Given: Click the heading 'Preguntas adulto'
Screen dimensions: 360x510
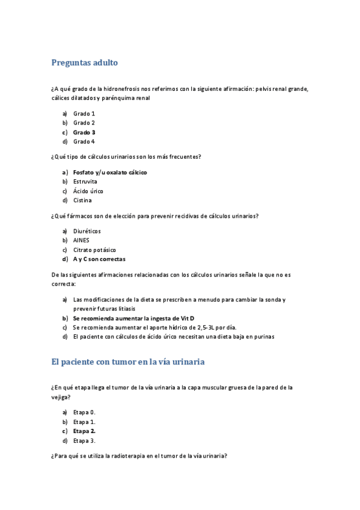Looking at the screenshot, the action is tap(85, 63).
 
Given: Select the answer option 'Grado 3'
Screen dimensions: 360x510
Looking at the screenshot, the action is tap(84, 132).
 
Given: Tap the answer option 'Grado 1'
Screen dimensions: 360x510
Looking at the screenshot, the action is tap(84, 114).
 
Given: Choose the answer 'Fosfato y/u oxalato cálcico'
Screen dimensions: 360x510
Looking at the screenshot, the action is tap(110, 173).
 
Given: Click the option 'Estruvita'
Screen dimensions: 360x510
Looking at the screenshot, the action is tap(85, 182).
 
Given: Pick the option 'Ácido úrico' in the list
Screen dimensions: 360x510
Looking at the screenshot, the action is tap(88, 191).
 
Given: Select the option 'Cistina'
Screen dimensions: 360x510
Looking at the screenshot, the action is tap(83, 200).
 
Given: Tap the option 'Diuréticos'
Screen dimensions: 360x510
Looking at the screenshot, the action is tap(87, 231).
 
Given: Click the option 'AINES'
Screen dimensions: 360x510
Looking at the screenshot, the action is tap(81, 241).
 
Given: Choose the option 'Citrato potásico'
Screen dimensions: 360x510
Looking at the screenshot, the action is tap(94, 250).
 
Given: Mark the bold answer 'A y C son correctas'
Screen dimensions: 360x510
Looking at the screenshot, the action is tap(99, 259).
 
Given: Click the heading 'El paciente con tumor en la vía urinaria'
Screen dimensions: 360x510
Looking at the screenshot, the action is tap(129, 362).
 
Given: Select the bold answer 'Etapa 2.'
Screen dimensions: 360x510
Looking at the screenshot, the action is tap(85, 431).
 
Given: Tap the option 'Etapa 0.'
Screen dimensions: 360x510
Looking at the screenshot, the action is tap(85, 413).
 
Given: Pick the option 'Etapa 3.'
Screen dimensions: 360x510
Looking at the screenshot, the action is tap(85, 441).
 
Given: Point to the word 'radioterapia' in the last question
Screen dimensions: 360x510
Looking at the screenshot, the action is tap(126, 456).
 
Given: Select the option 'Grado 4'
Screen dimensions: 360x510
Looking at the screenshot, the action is tap(84, 142).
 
